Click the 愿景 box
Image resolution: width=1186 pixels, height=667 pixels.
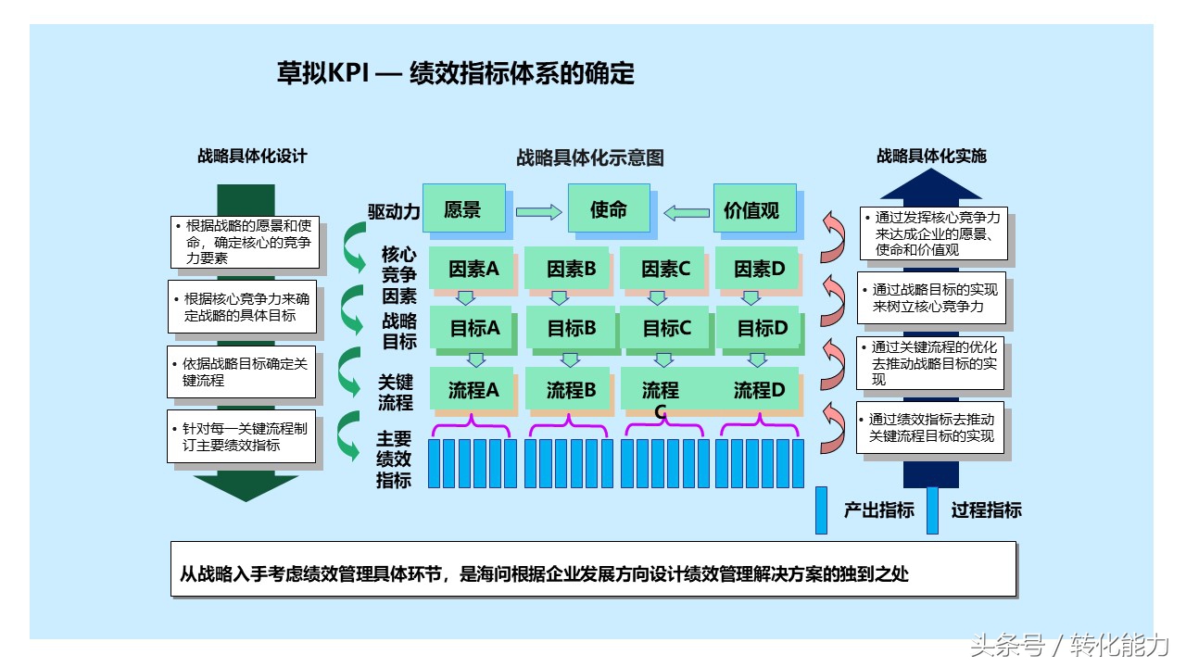(x=464, y=208)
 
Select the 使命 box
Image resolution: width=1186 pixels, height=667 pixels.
(x=609, y=208)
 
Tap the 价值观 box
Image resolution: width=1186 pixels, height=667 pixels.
(x=754, y=208)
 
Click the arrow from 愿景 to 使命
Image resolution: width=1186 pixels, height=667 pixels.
(x=538, y=212)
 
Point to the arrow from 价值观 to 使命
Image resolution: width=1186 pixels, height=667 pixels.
(x=687, y=213)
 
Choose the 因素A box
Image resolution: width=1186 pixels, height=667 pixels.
(x=472, y=268)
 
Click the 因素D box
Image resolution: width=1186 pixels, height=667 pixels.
(x=757, y=268)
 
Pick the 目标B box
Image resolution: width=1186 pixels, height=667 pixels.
(x=571, y=328)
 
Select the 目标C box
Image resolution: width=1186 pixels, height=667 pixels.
(x=665, y=328)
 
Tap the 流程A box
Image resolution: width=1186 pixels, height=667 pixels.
(x=472, y=389)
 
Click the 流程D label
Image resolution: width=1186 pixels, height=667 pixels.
(x=759, y=390)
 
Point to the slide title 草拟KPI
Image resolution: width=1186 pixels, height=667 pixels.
(x=322, y=72)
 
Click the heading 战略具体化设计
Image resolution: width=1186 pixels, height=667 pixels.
(x=252, y=156)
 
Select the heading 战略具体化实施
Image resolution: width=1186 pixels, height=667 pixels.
(x=931, y=156)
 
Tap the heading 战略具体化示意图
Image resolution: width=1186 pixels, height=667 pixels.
(x=590, y=157)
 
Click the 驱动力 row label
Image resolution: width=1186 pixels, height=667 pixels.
(x=394, y=212)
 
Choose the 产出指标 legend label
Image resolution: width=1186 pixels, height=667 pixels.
(x=879, y=510)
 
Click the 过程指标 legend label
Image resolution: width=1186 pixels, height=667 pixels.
(x=987, y=510)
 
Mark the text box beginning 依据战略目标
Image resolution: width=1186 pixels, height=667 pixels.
(x=242, y=371)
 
